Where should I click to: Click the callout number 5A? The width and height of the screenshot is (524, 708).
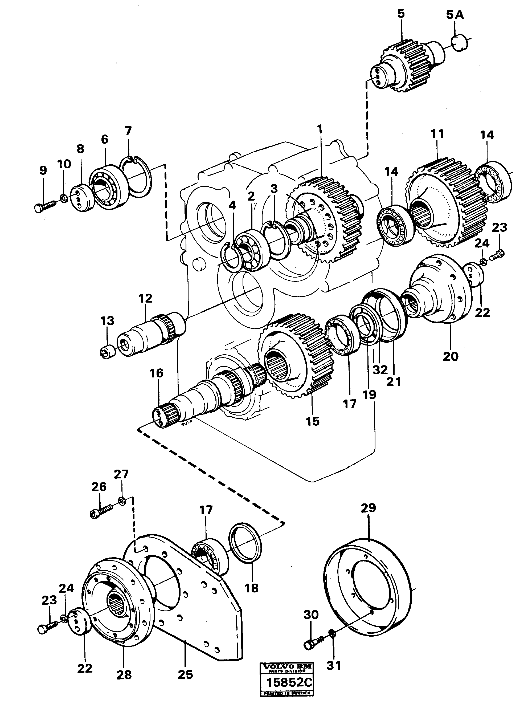(x=455, y=15)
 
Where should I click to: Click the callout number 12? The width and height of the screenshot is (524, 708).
(x=145, y=298)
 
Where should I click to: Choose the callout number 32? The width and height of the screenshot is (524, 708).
(x=380, y=369)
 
